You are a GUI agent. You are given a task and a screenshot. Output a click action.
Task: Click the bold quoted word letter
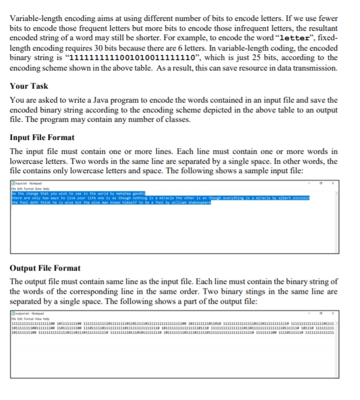tap(295, 30)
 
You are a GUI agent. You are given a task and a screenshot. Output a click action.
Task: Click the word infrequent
tap(264, 21)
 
